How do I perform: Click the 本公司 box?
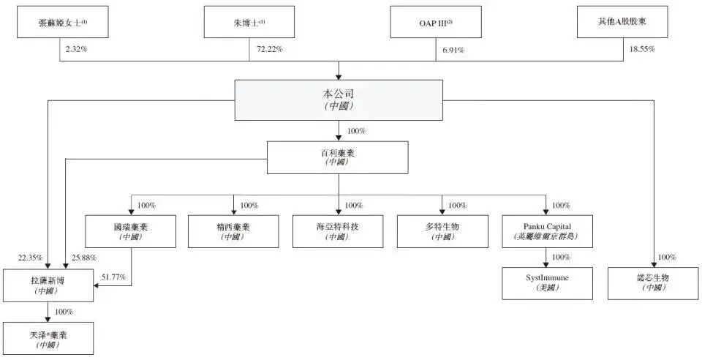coord(338,100)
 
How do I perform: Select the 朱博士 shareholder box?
coord(249,22)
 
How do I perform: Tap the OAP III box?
coord(435,22)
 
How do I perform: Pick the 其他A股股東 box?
coord(622,22)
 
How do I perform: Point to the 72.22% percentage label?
coord(269,49)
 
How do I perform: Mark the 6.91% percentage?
coord(454,49)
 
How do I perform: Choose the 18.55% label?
coord(642,49)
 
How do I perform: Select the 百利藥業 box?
coord(337,157)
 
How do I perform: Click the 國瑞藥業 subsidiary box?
coord(131,231)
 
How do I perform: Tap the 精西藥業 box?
coord(234,231)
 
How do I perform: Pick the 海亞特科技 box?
coord(338,231)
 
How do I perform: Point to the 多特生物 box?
coord(442,231)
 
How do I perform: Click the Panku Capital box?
coord(546,231)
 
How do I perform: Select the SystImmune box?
coord(546,283)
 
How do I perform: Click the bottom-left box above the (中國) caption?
coord(48,338)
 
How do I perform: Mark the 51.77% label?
coord(113,277)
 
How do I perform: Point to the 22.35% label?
coord(30,258)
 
